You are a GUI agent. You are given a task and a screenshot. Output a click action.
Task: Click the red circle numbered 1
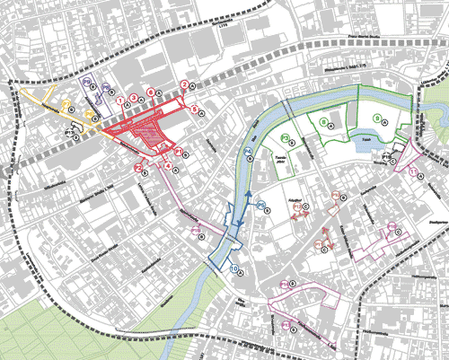tap(119, 100)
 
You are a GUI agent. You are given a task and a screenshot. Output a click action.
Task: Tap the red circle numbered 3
tap(134, 97)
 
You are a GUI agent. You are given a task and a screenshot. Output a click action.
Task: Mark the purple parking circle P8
tap(106, 87)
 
